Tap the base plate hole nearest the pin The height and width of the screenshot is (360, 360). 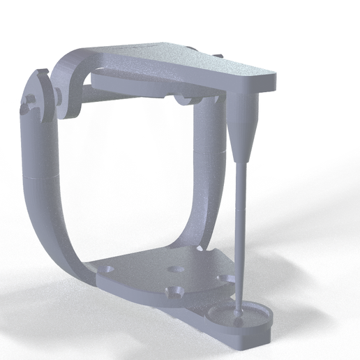tap(223, 278)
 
